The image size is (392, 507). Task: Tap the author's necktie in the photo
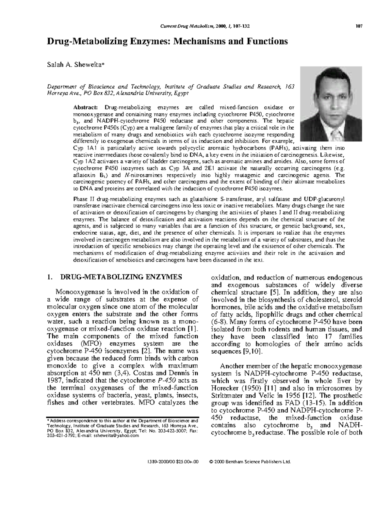333,136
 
